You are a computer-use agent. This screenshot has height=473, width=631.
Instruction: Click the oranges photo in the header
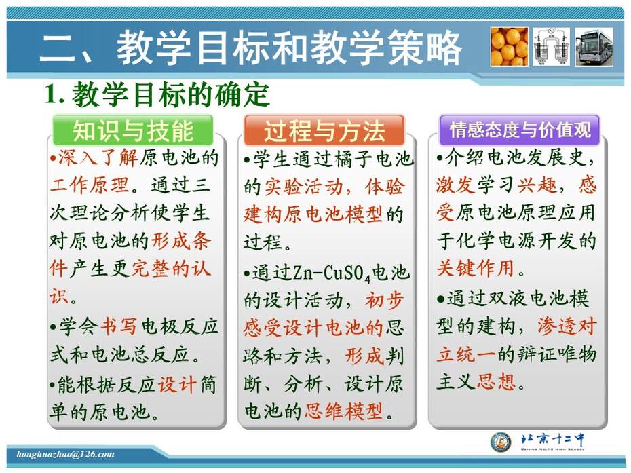[x=509, y=46]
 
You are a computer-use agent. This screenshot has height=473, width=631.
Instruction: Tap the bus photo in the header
[x=594, y=46]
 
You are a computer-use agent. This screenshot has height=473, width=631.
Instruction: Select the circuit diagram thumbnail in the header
[x=552, y=46]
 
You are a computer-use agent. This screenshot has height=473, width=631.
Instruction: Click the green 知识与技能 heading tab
[x=133, y=130]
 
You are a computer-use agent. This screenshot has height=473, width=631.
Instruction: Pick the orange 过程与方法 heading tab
[x=324, y=130]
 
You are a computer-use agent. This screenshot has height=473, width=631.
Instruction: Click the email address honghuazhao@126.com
[x=65, y=455]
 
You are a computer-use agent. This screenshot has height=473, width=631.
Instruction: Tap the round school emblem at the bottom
[x=501, y=442]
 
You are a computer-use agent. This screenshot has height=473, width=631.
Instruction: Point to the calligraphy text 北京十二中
[x=552, y=440]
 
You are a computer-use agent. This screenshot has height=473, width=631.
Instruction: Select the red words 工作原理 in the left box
[x=90, y=185]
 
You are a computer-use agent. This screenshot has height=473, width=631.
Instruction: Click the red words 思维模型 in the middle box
[x=344, y=411]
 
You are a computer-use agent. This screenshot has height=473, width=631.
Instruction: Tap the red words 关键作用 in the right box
[x=476, y=268]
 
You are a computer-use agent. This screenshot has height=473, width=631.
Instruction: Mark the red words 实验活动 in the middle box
[x=304, y=187]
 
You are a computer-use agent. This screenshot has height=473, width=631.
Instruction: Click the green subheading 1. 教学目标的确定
[x=157, y=95]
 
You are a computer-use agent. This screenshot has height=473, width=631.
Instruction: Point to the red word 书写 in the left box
[x=119, y=326]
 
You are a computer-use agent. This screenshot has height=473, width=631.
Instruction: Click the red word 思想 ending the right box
[x=496, y=381]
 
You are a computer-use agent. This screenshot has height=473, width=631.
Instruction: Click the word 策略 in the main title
[x=425, y=48]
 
